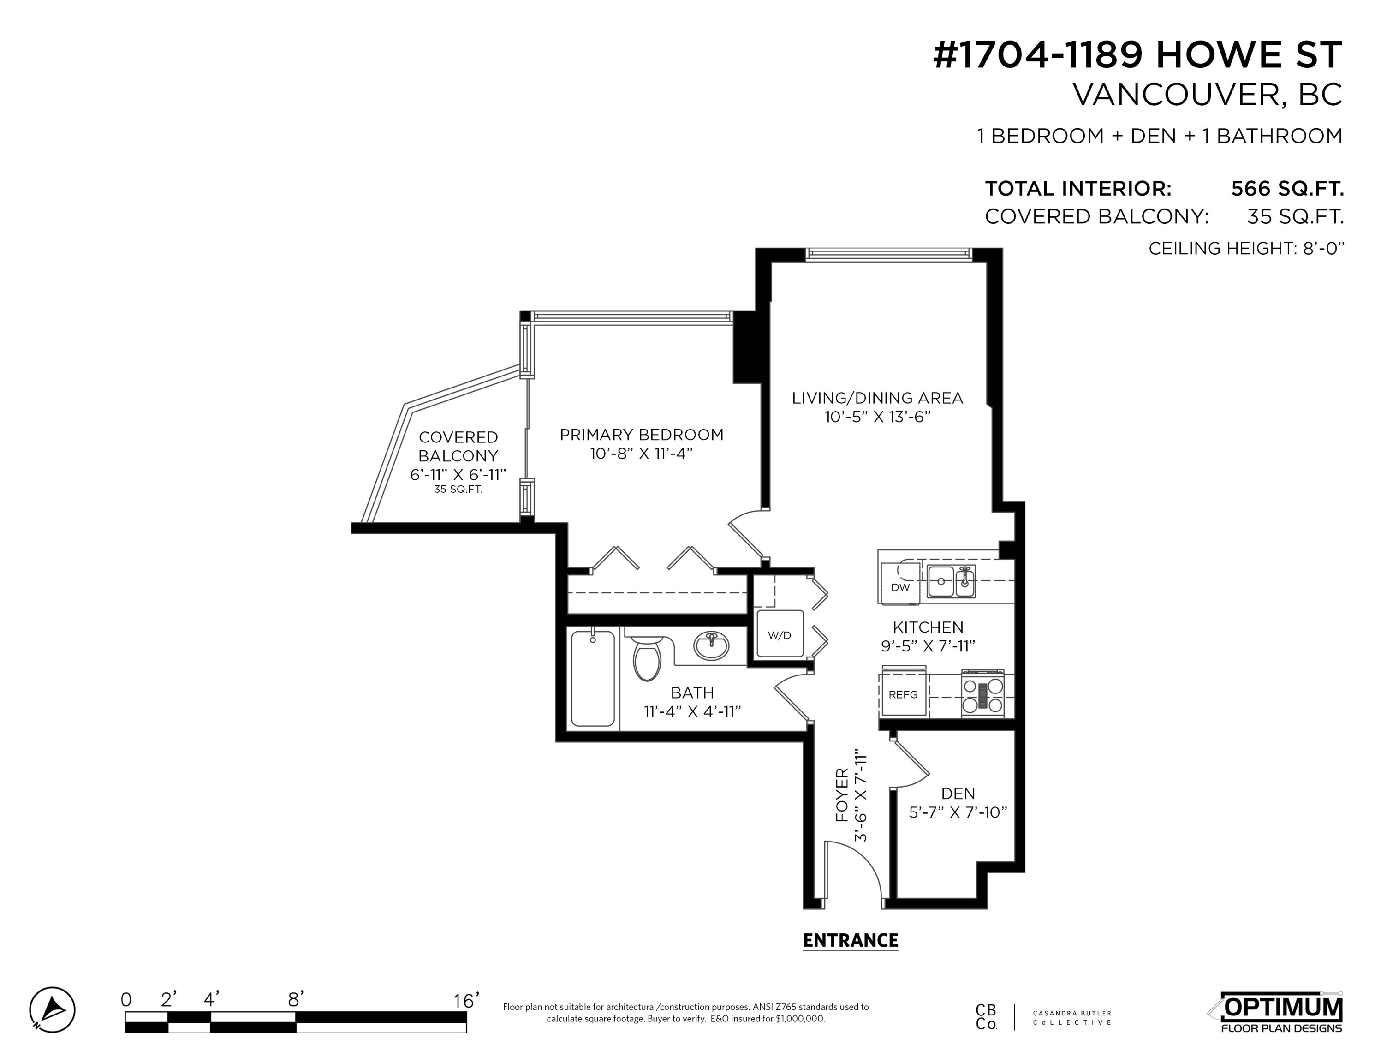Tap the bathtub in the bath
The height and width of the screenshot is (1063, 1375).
(592, 678)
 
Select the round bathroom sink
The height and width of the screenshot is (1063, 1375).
(711, 645)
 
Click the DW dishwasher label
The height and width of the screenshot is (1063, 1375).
(900, 587)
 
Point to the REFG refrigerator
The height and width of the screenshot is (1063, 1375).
(904, 693)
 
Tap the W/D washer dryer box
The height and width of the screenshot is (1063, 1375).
(780, 635)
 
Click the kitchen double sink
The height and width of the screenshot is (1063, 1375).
(951, 580)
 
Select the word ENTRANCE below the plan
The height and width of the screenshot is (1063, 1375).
(851, 940)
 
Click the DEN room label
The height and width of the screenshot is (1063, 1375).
(958, 794)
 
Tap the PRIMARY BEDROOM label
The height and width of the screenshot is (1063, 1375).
(642, 435)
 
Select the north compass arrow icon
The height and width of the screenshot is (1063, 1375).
(52, 1009)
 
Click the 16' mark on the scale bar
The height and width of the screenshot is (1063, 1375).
(466, 1001)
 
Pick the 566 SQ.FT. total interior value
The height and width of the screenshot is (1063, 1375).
(1287, 188)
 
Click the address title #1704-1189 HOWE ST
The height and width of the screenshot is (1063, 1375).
(1137, 55)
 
